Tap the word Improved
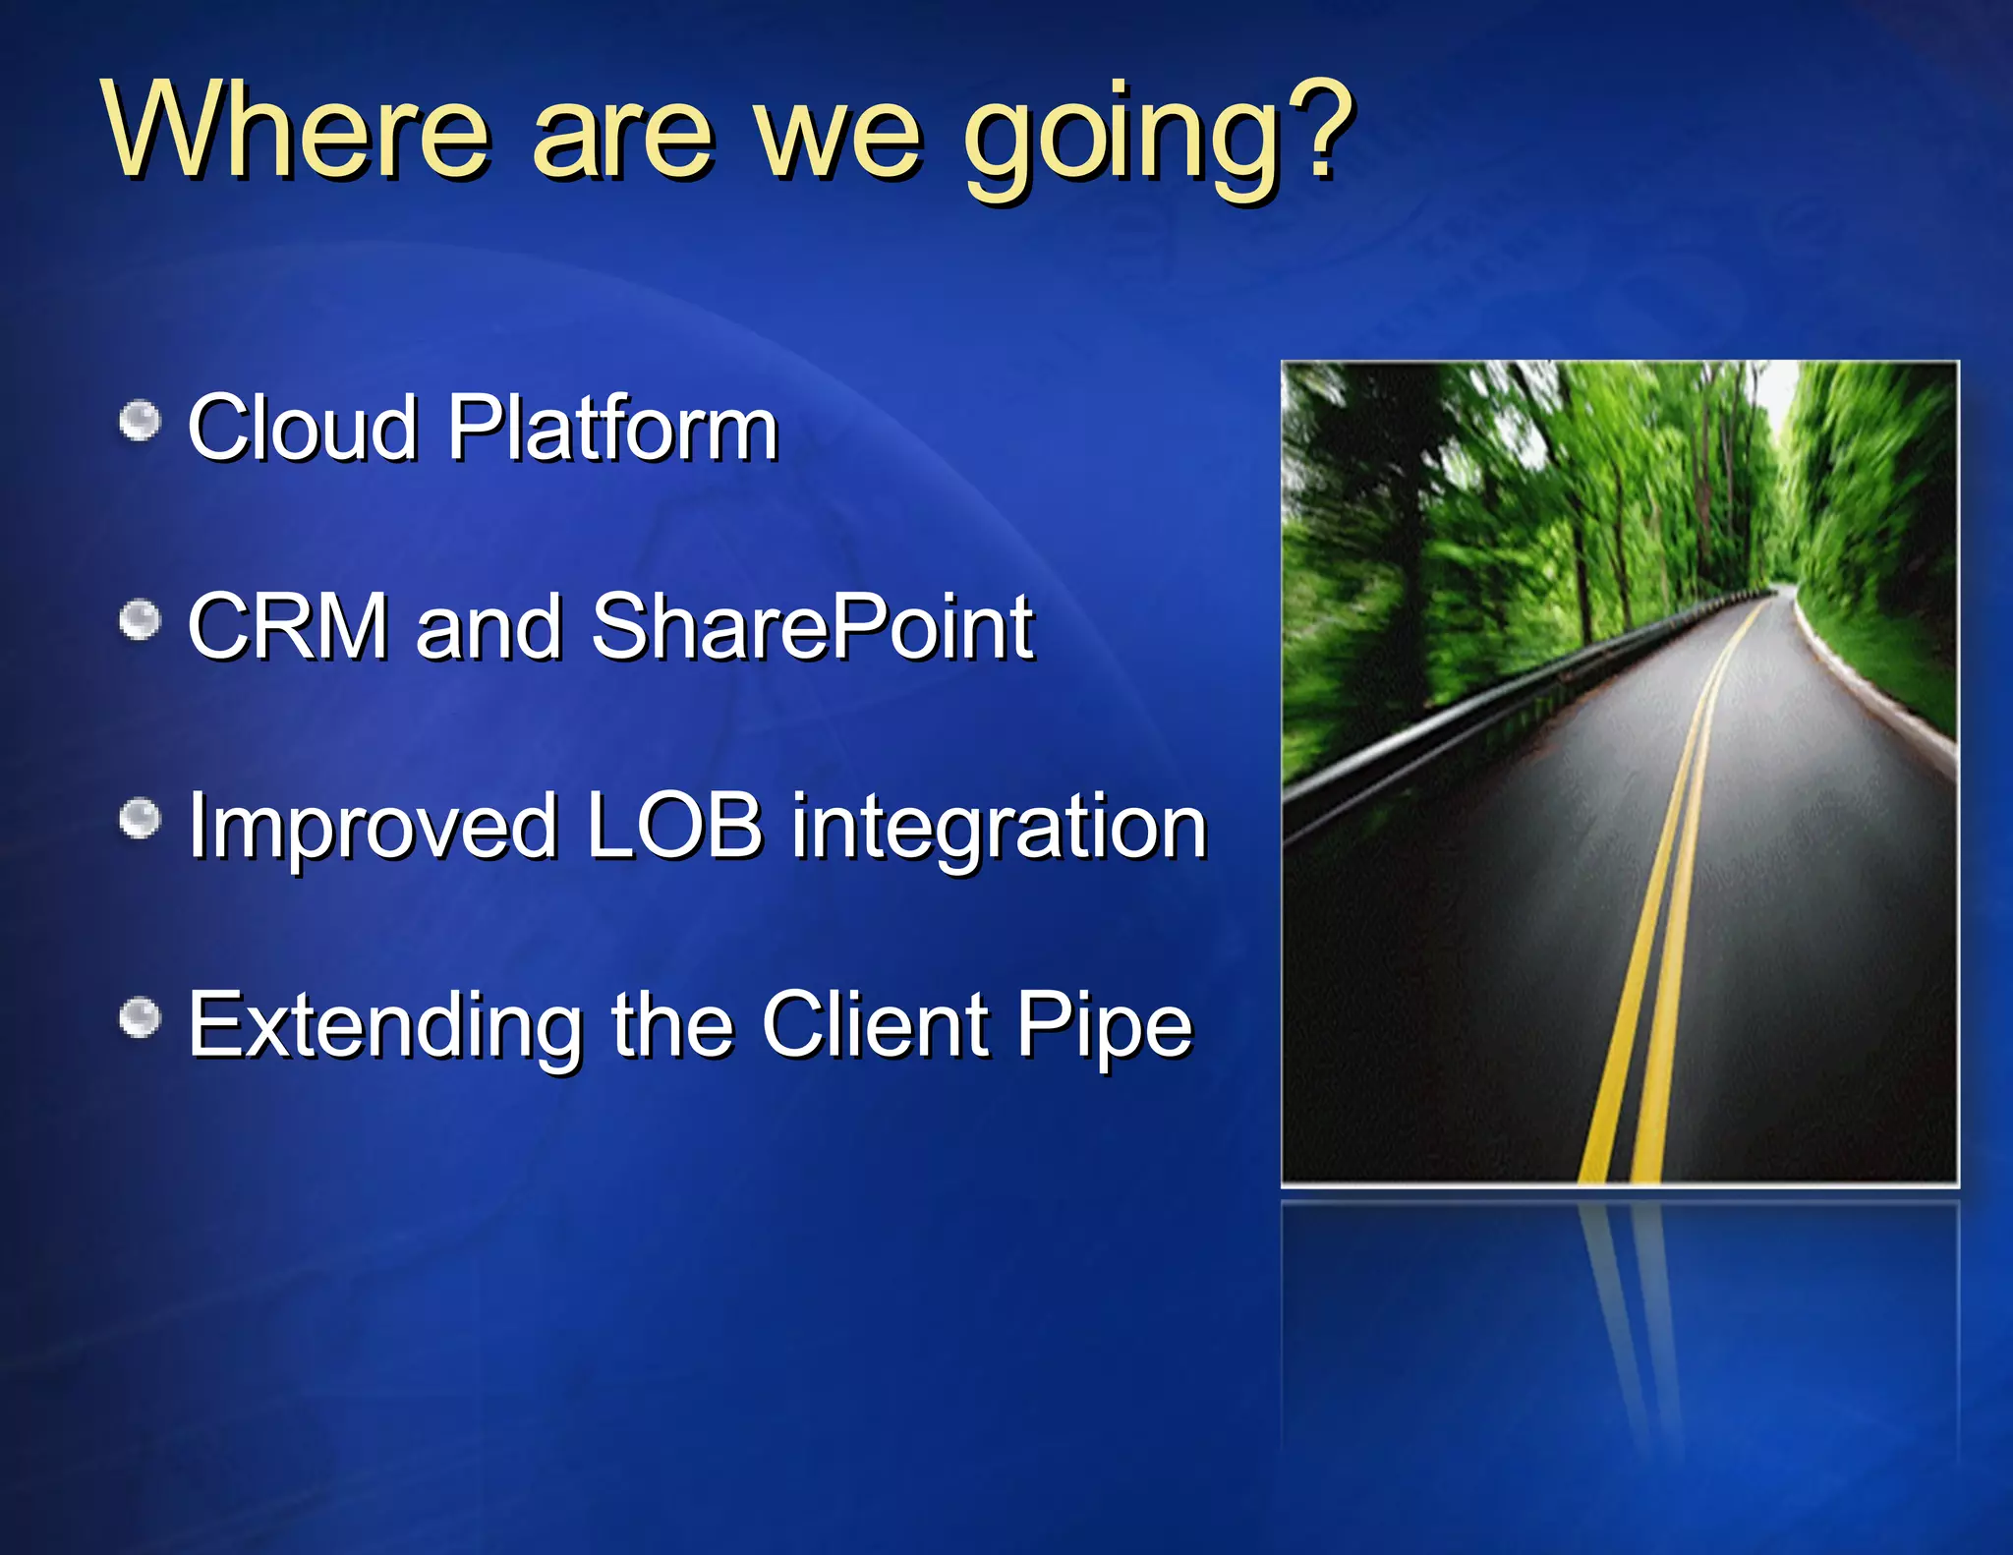click(373, 828)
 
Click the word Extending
click(385, 1026)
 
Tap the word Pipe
click(1104, 1028)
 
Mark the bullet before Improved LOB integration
click(140, 820)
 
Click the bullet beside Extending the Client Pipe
click(140, 1018)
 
